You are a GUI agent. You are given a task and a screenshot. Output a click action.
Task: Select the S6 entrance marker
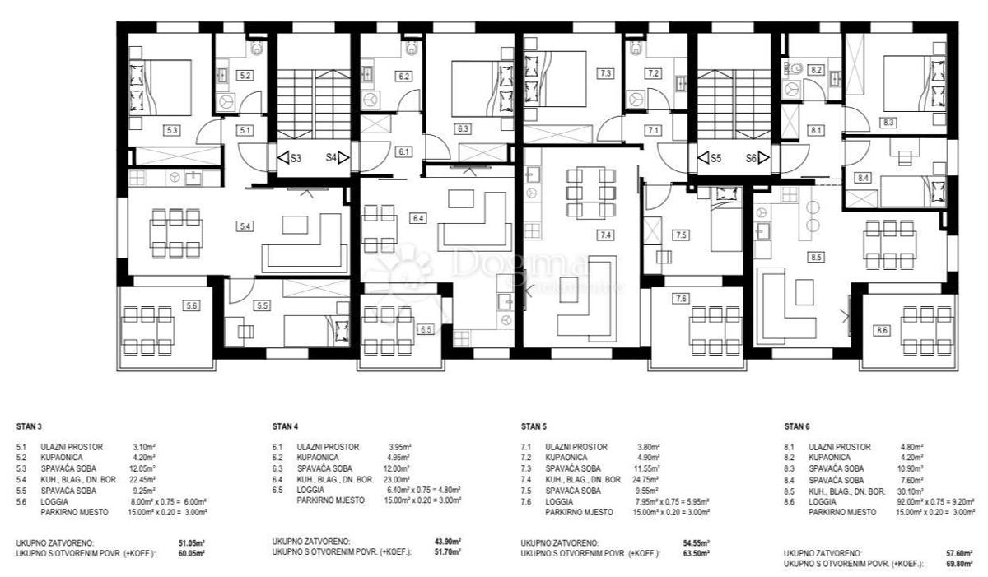pyautogui.click(x=756, y=157)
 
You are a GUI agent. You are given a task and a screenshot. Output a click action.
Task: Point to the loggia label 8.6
pyautogui.click(x=883, y=330)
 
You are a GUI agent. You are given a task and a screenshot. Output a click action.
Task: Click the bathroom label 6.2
pyautogui.click(x=404, y=76)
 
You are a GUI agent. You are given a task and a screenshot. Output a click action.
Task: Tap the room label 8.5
pyautogui.click(x=816, y=257)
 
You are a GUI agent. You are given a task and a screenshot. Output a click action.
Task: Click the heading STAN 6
pyautogui.click(x=796, y=427)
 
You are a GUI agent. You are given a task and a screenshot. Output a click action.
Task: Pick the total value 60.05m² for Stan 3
pyautogui.click(x=193, y=555)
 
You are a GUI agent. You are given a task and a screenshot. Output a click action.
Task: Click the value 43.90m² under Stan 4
pyautogui.click(x=447, y=541)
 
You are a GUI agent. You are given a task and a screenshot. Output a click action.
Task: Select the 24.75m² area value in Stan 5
pyautogui.click(x=650, y=479)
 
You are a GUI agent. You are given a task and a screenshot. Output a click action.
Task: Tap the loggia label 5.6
pyautogui.click(x=191, y=305)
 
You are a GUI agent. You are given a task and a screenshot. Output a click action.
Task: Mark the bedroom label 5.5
pyautogui.click(x=262, y=305)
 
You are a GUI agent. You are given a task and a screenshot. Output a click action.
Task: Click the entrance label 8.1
pyautogui.click(x=816, y=130)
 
